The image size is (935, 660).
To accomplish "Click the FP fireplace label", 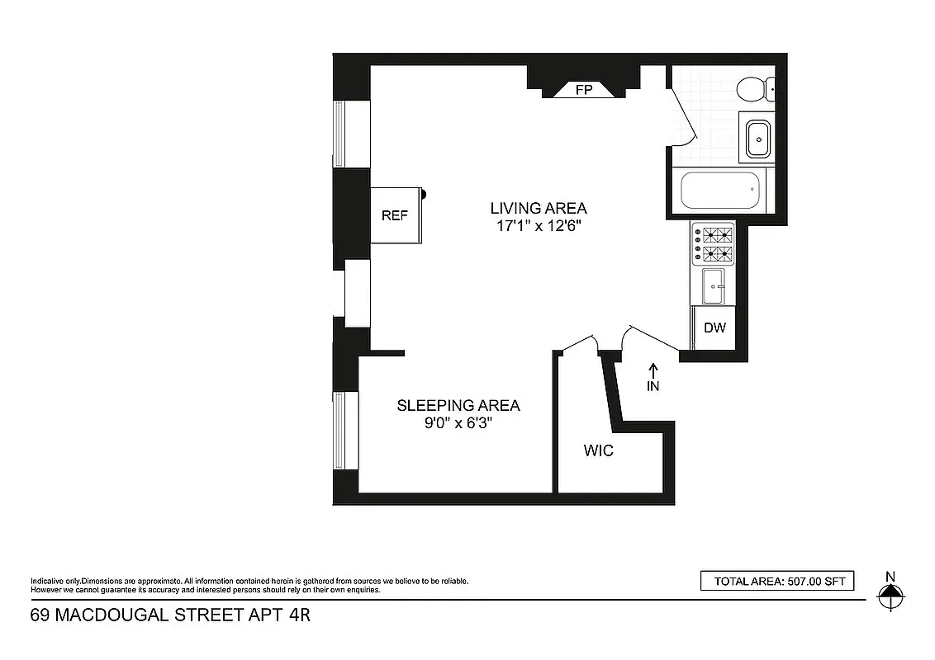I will coord(584,90).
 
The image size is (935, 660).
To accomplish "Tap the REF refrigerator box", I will coord(396,215).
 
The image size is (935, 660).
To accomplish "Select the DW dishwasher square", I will coord(714,328).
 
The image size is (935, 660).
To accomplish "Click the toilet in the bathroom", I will coord(756,88).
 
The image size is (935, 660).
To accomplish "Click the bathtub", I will coord(719,192).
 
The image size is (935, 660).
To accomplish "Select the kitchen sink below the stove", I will coord(713,286).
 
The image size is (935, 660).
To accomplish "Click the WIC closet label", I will coord(598,451).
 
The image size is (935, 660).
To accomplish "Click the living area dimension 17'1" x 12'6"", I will coord(538,226).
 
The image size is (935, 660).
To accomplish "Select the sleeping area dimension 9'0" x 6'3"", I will coord(458,423).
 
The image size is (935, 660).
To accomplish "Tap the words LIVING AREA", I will coord(538,208).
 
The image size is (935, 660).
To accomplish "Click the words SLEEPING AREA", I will coord(458,405).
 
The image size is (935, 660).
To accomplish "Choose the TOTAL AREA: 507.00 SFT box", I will coord(776,582).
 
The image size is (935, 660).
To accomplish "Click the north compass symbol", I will coord(890,592).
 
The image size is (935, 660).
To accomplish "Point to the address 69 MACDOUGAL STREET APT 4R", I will coord(170,615).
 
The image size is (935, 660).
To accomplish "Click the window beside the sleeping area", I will coord(345,431).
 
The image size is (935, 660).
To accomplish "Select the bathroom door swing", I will coord(682,115).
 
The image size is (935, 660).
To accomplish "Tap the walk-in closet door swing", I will coord(579,344).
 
